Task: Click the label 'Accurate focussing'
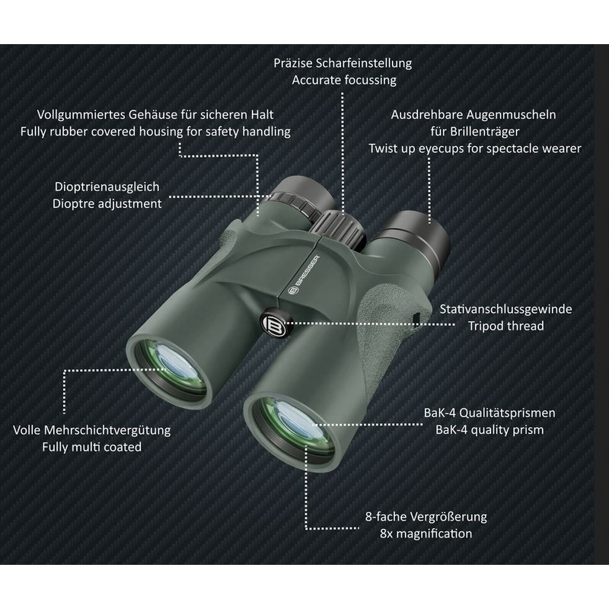pos(344,80)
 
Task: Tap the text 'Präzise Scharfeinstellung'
pos(343,63)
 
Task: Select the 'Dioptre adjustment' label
pos(107,203)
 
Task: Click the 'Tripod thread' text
pos(505,326)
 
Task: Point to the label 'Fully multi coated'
pos(91,447)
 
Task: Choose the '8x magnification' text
pos(426,534)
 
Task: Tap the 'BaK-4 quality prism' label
pos(489,429)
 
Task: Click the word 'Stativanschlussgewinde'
pos(505,309)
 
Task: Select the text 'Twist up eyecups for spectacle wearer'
pos(474,148)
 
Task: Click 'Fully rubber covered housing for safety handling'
pos(155,131)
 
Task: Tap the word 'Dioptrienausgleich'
pos(107,187)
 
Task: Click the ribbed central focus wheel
pos(340,230)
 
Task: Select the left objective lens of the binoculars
pos(171,370)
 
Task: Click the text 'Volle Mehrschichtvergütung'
pos(91,430)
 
